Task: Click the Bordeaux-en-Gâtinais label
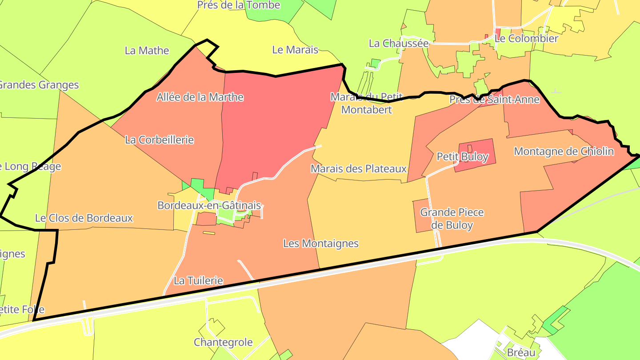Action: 209,206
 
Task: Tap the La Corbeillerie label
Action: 160,140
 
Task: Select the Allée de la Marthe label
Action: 200,97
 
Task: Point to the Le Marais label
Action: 295,50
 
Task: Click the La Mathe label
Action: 147,50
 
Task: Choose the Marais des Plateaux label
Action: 359,168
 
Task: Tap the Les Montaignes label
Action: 321,243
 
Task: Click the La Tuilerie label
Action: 198,280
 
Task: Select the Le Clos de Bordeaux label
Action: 84,218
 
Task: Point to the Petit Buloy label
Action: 462,156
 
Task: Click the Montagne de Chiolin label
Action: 564,151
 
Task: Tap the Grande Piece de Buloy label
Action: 452,218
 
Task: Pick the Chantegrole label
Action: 223,342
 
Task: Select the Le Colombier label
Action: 526,38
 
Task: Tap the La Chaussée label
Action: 399,43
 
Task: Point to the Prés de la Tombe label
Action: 239,5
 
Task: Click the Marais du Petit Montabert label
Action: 367,103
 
